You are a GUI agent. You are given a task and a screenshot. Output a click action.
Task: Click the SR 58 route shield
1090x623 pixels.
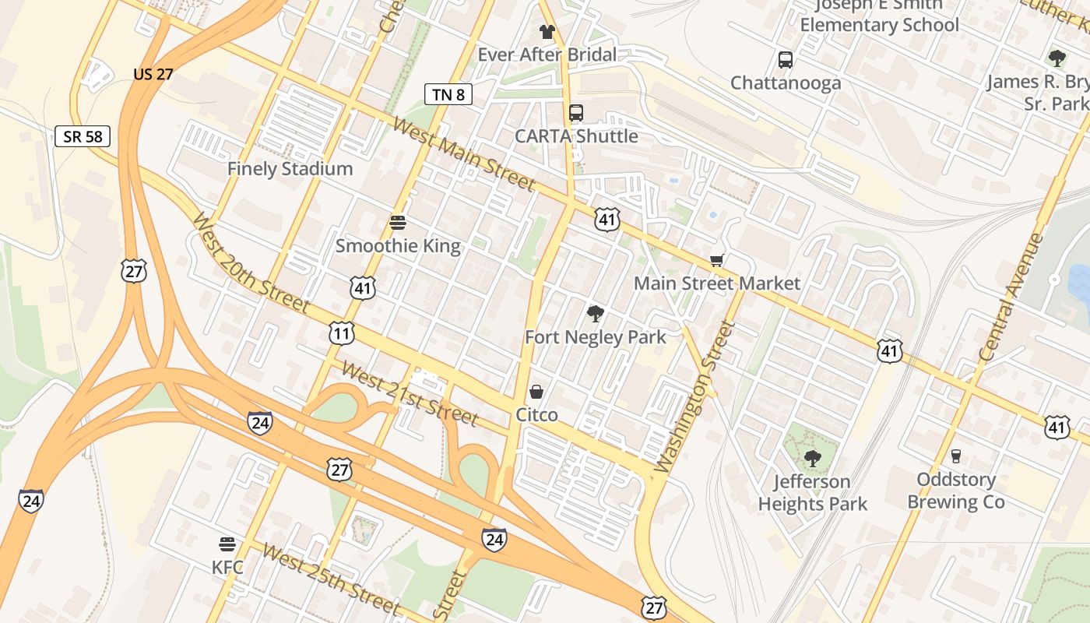click(x=83, y=136)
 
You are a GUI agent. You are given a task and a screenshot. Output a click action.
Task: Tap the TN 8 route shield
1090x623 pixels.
click(x=448, y=94)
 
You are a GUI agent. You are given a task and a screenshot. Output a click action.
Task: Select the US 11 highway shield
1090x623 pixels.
click(x=341, y=334)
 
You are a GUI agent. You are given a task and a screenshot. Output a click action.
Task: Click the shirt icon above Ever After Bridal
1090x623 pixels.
click(x=547, y=32)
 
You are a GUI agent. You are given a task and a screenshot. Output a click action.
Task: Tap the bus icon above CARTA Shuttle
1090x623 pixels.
click(x=576, y=113)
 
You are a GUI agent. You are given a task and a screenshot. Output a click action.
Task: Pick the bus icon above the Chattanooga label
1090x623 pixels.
click(x=786, y=60)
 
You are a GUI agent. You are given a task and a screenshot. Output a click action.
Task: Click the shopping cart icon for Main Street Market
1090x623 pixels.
click(x=716, y=260)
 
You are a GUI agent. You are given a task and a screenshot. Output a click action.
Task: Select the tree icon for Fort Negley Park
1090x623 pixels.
click(x=596, y=314)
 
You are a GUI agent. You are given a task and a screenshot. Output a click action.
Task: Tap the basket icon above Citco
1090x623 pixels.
click(x=536, y=391)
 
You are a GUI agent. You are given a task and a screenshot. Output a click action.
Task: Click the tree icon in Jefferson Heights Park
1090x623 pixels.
click(x=813, y=458)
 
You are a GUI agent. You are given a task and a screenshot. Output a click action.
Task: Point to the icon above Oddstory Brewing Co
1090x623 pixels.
click(x=956, y=456)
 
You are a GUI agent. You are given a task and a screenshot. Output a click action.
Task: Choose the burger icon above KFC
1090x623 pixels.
click(x=227, y=544)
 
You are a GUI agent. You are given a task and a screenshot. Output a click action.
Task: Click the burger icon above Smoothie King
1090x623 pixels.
click(x=398, y=223)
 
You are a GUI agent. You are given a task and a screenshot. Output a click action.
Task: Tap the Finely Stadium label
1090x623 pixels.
click(x=290, y=168)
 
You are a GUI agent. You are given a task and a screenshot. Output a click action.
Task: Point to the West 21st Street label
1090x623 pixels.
click(x=410, y=394)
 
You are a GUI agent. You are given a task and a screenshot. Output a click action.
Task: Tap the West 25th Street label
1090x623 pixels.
click(x=330, y=579)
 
